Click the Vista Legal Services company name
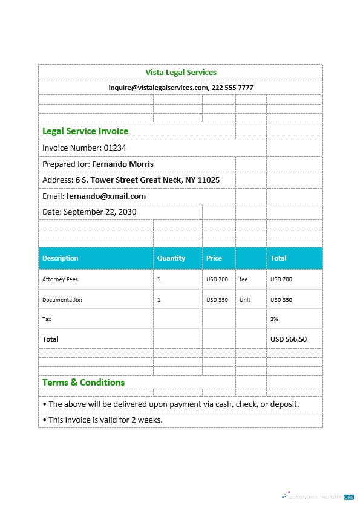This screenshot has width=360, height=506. click(180, 72)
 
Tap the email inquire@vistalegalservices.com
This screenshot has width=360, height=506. click(158, 88)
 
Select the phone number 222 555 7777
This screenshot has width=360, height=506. click(233, 88)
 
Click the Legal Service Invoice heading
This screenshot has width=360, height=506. click(85, 131)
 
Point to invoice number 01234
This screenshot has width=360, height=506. click(114, 148)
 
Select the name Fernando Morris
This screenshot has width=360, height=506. click(123, 164)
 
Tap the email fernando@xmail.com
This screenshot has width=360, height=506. click(106, 196)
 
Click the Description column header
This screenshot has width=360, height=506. click(61, 258)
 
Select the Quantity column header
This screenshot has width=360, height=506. click(171, 258)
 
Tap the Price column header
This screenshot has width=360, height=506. click(214, 258)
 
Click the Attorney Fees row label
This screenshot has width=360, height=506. click(60, 279)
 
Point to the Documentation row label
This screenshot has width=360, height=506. click(62, 300)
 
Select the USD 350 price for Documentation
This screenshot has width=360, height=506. click(217, 300)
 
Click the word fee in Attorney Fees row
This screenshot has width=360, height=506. click(243, 279)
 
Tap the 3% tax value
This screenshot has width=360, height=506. click(274, 319)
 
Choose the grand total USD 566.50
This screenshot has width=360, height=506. click(289, 339)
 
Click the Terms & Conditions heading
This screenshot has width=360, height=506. click(83, 383)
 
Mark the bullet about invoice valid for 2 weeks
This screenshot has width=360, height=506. click(103, 420)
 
